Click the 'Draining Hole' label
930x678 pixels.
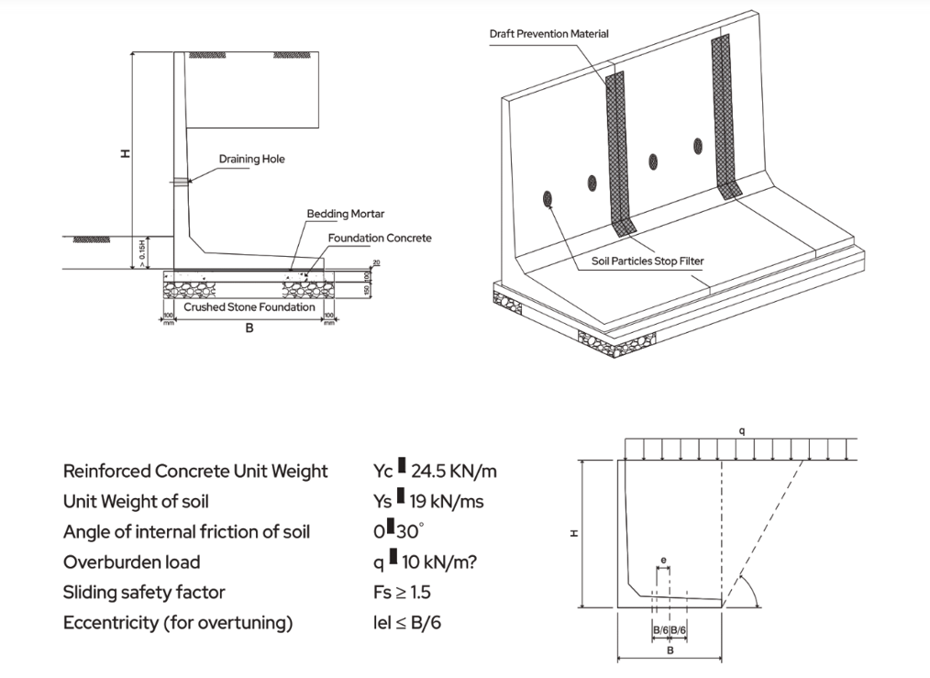(x=251, y=159)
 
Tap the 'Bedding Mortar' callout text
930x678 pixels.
(x=346, y=214)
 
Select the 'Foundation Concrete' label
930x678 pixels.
(x=380, y=238)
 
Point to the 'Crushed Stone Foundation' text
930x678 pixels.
(x=249, y=307)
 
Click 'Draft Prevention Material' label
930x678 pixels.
(x=548, y=34)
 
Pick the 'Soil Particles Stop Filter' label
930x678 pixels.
(x=648, y=261)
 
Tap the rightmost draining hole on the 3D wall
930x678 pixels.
(x=698, y=145)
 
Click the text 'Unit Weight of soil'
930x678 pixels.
(x=136, y=501)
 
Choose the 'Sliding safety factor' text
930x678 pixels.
(x=144, y=592)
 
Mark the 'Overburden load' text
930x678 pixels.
(x=131, y=561)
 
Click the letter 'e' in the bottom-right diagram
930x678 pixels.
(x=662, y=559)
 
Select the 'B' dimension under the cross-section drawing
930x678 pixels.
(x=249, y=328)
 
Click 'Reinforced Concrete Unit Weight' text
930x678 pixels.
(x=195, y=471)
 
